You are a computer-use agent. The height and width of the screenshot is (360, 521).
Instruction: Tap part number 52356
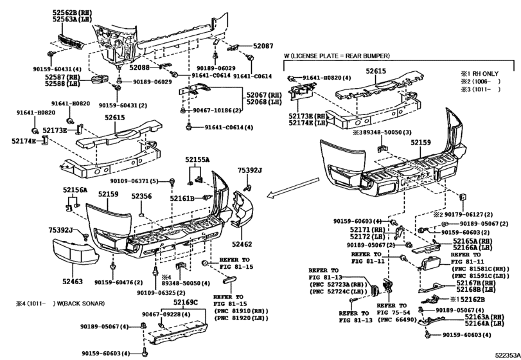[141, 197]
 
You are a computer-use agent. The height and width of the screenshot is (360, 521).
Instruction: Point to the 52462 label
[242, 244]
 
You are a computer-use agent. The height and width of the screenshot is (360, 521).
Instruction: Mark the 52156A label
[75, 190]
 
